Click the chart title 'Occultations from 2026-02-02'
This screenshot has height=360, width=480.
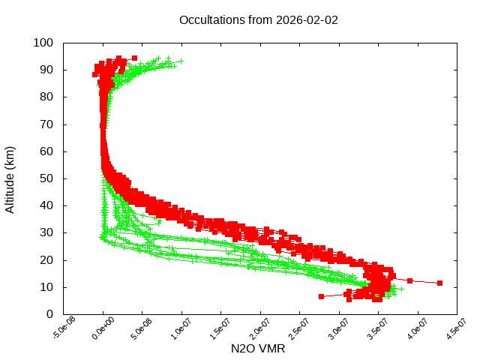259,20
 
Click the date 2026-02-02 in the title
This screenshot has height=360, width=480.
307,20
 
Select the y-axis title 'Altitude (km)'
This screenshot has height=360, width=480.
10,178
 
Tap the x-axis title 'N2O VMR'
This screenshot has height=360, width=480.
259,349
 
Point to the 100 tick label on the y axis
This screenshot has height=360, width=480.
43,43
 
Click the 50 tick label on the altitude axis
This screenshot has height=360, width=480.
46,178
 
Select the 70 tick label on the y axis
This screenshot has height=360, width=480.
46,124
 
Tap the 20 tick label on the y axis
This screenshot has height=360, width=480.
46,260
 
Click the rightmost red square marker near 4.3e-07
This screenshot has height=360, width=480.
440,283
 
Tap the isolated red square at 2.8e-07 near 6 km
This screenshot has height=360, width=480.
322,297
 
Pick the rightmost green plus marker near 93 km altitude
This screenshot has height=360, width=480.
180,61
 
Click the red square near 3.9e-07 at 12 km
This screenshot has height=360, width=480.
410,280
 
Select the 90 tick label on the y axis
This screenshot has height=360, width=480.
46,70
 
